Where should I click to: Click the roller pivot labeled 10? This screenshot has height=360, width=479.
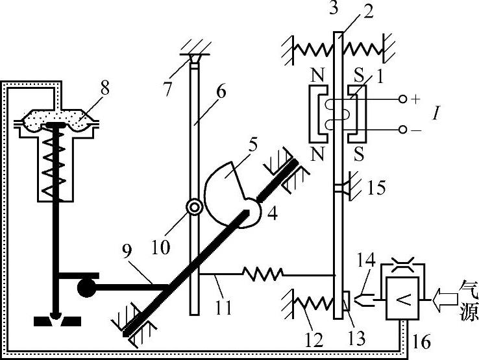coord(193,207)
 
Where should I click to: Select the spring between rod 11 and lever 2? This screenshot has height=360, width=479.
coord(262,275)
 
